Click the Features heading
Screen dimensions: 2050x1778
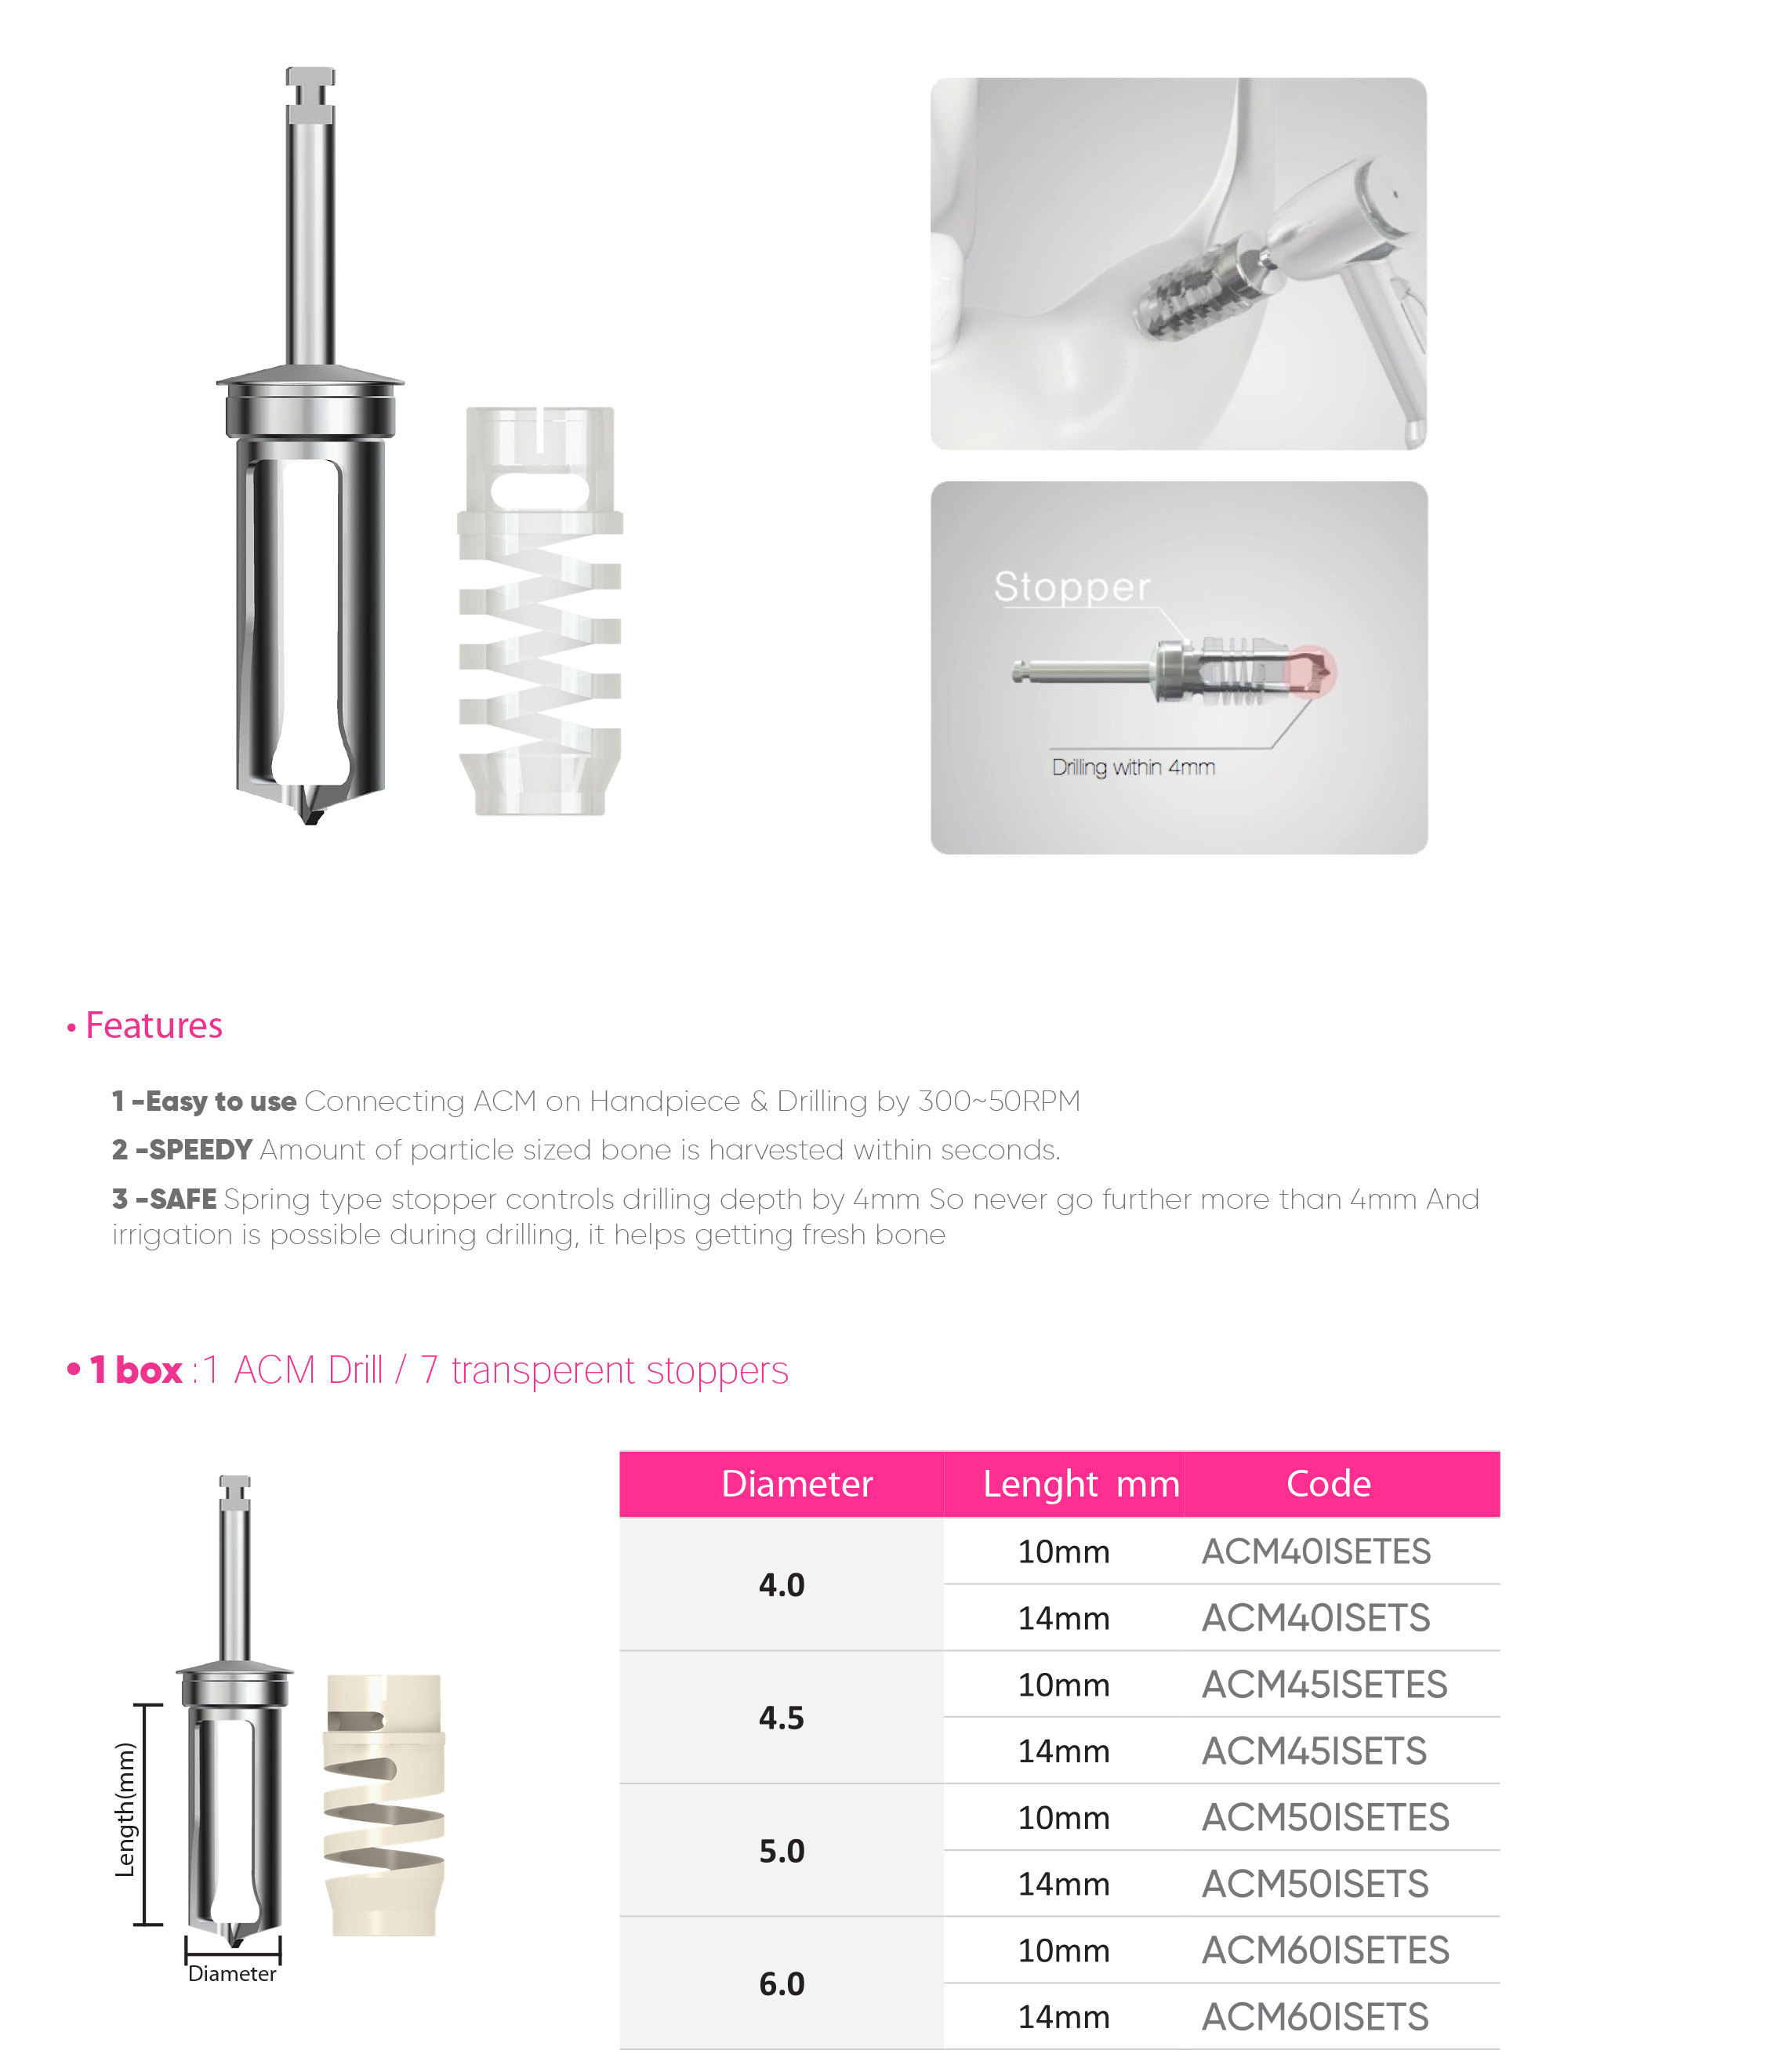point(153,1025)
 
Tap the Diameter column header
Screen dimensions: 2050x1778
point(796,1483)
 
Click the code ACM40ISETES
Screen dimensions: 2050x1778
point(1315,1551)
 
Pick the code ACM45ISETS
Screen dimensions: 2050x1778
point(1314,1751)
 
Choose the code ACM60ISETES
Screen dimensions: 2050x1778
point(1325,1950)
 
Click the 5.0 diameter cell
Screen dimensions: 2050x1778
point(781,1851)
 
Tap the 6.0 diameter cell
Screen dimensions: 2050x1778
point(781,1983)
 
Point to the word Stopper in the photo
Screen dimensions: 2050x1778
point(1072,586)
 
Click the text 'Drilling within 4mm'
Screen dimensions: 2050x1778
point(1133,767)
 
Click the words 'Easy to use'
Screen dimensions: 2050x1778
point(220,1101)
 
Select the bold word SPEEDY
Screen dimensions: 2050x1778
point(201,1150)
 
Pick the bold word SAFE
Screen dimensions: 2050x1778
point(183,1199)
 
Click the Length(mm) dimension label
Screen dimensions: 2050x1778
point(125,1810)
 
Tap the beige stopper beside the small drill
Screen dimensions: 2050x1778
point(384,1806)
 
